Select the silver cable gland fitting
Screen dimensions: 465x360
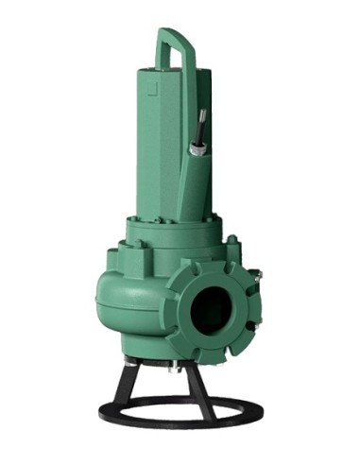click(197, 148)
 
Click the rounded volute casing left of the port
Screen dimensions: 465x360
click(128, 302)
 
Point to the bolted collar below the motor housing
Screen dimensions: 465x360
click(175, 232)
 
